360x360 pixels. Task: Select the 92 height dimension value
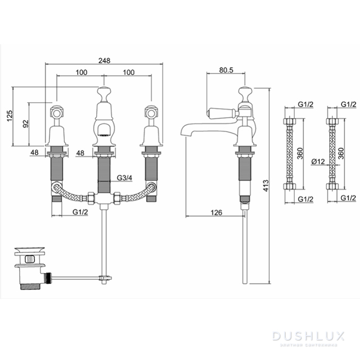[25, 124]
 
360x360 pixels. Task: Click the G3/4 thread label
[123, 178]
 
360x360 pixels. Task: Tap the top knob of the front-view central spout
[104, 94]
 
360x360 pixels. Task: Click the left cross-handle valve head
[56, 112]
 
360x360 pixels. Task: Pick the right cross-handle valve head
[151, 112]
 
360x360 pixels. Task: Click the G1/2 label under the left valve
[80, 212]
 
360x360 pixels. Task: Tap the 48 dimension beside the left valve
[35, 152]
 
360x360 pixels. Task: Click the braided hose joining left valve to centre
[72, 195]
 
